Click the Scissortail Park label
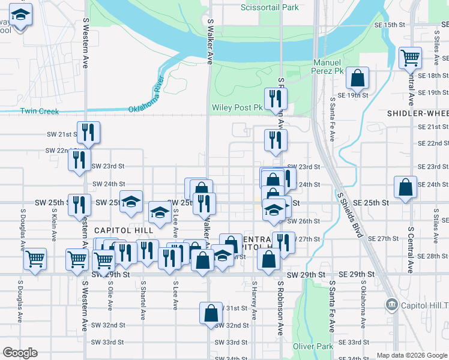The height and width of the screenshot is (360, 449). pos(270,8)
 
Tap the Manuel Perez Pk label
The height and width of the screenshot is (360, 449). pos(328,67)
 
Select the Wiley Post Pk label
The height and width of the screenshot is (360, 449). pos(238,108)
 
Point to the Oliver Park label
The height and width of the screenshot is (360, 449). pos(313,346)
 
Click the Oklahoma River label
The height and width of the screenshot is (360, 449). pos(146,95)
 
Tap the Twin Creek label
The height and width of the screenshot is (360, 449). pos(40,111)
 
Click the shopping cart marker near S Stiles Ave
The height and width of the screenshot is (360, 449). pos(411,58)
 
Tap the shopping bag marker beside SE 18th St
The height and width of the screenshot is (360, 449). pos(357,78)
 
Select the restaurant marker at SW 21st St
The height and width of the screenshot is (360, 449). pos(88,133)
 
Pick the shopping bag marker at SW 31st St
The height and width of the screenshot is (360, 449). pos(211,313)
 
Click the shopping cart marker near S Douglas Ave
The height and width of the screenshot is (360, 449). pos(35,259)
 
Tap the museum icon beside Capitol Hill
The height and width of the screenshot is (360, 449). pos(392,305)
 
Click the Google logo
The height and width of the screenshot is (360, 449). pos(20,353)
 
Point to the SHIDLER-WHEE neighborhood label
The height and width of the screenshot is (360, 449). pos(418,113)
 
